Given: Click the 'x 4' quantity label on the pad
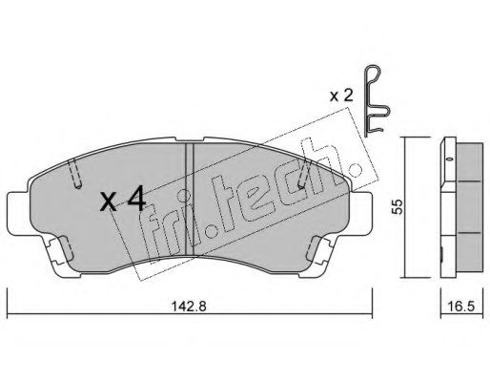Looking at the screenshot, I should [x=123, y=201].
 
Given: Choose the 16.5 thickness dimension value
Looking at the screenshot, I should [x=461, y=308].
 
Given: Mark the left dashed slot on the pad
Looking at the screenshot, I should [x=74, y=174].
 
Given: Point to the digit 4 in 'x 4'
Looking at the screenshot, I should [x=135, y=201].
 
